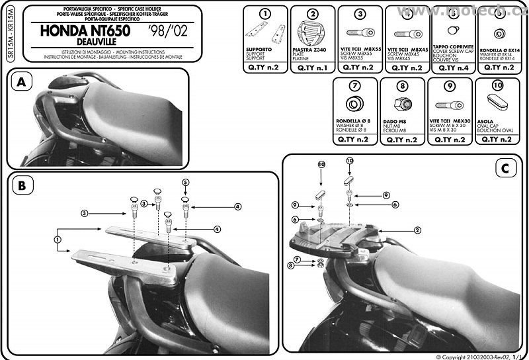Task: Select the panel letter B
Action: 22,187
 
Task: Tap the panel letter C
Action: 504,168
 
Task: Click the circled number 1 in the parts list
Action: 264,14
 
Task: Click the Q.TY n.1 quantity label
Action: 311,67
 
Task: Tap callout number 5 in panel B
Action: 186,181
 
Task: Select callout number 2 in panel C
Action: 417,230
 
